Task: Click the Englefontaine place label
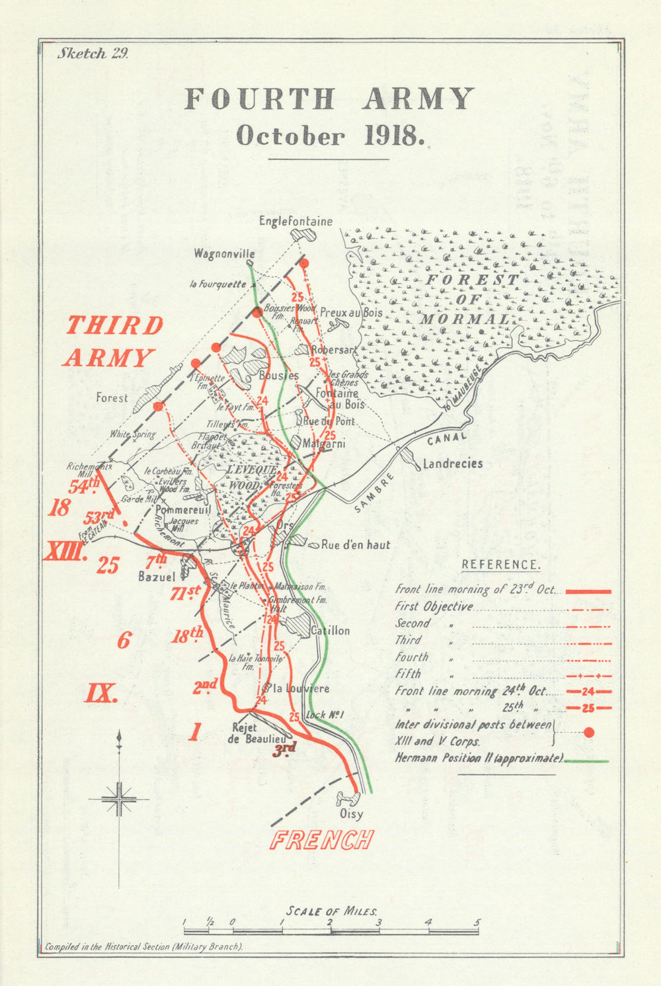295,221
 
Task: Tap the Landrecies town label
453,464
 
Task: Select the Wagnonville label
224,254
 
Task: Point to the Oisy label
351,815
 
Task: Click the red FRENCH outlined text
322,839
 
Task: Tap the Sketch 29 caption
93,54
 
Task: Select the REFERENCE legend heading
500,565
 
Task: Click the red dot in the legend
590,732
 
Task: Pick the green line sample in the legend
587,761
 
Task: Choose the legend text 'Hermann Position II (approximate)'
479,759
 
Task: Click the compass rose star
120,799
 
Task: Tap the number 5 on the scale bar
477,923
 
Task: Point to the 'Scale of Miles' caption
332,911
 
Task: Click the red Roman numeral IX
101,693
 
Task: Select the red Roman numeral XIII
65,551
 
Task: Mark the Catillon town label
330,631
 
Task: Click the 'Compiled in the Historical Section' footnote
143,946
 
